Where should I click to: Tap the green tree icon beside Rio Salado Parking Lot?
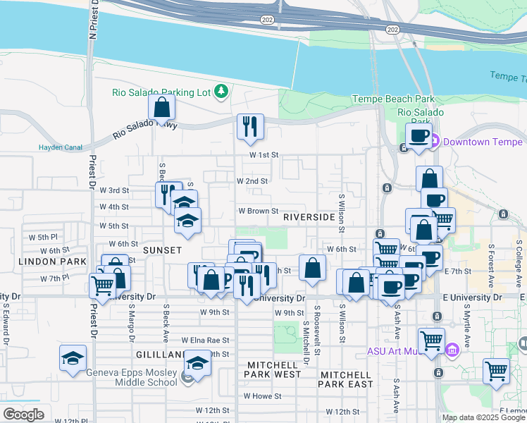(x=221, y=91)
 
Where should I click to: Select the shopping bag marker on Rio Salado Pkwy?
(x=162, y=108)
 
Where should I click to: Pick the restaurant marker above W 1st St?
(x=250, y=126)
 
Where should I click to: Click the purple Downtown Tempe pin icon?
(x=435, y=141)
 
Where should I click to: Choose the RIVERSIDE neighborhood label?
(x=309, y=217)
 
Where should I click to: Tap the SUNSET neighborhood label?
(x=163, y=250)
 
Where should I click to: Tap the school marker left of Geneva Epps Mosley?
(x=73, y=358)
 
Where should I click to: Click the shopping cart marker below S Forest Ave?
(x=497, y=370)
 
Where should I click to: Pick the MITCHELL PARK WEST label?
(x=274, y=369)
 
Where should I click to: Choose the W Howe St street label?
(x=263, y=396)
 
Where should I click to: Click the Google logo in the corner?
(x=24, y=414)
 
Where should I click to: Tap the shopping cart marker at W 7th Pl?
(x=103, y=286)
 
